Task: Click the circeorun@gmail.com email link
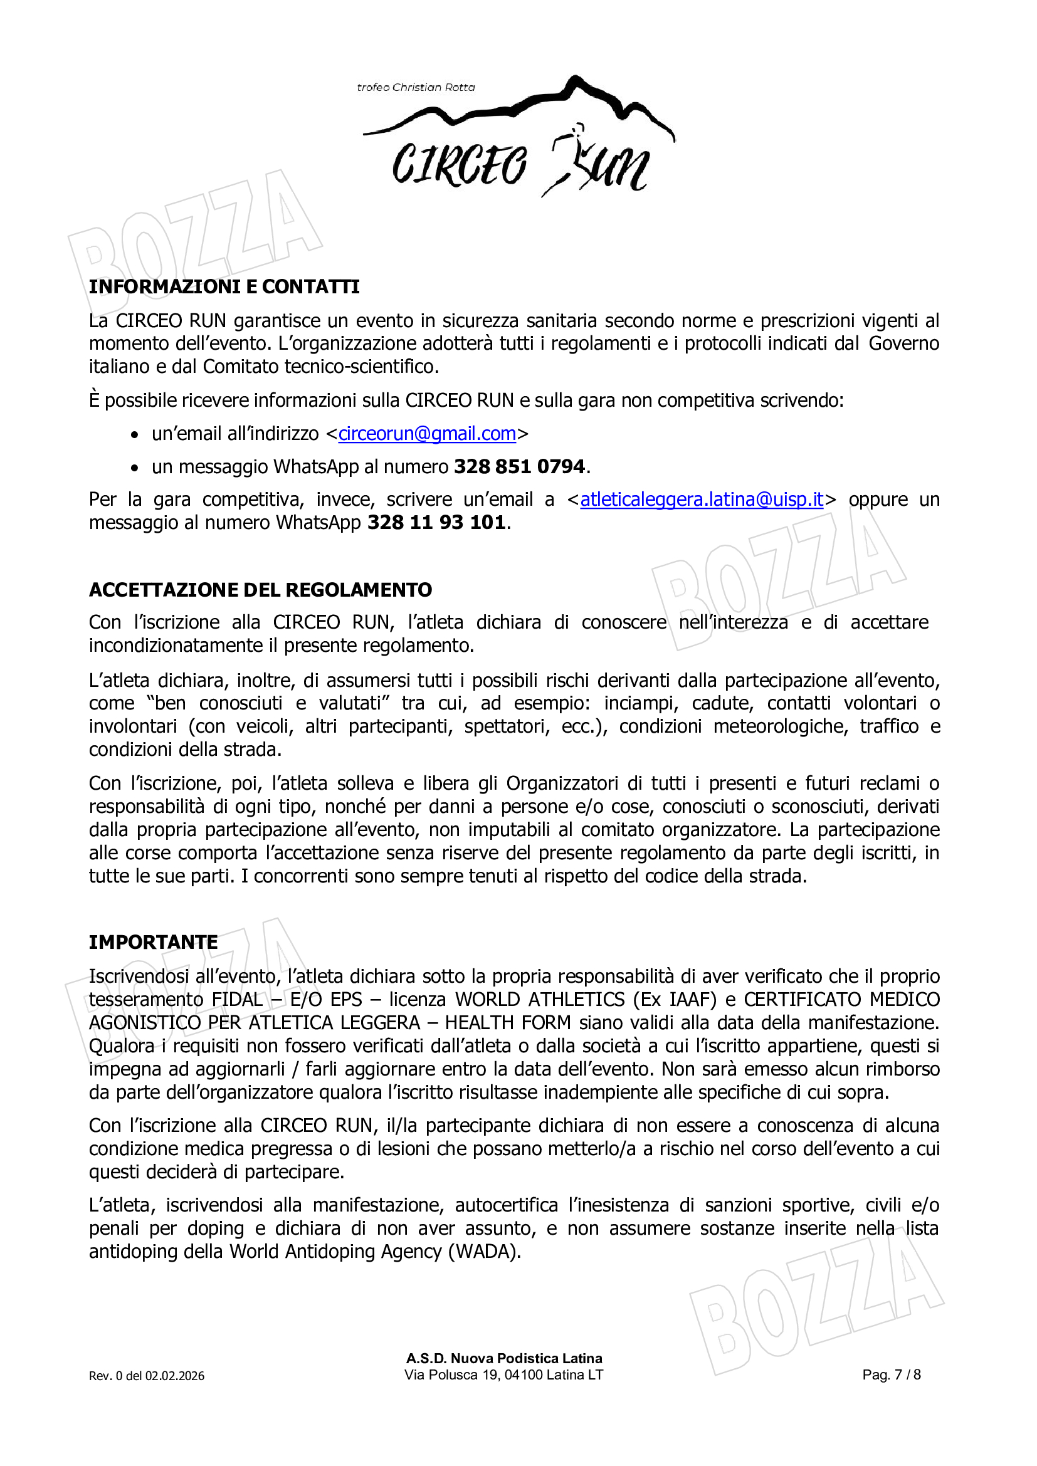click(x=426, y=434)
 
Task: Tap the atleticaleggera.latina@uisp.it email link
click(x=701, y=500)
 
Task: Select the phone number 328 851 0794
click(x=519, y=467)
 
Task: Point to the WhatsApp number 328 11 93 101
click(x=437, y=522)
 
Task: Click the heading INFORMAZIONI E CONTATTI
click(x=224, y=286)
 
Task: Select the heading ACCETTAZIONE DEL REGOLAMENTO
click(x=261, y=589)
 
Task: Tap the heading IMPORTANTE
click(x=153, y=942)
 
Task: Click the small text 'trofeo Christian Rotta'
click(x=416, y=88)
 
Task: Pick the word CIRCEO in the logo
click(x=459, y=165)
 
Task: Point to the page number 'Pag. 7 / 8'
click(x=891, y=1374)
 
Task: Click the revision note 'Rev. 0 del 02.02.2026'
click(x=146, y=1376)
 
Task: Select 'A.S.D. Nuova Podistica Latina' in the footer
click(x=504, y=1358)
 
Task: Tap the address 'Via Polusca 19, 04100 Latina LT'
click(x=503, y=1374)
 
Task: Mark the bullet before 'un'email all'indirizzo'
click(x=134, y=435)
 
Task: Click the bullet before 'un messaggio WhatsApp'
click(x=134, y=468)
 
